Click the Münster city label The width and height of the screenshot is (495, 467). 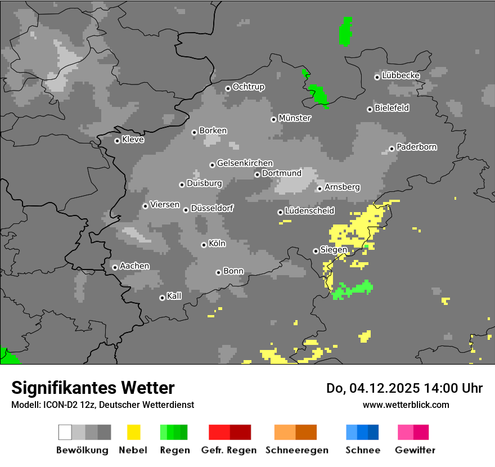pyautogui.click(x=295, y=118)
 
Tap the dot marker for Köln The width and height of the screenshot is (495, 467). pyautogui.click(x=204, y=245)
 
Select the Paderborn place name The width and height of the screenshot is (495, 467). pyautogui.click(x=417, y=147)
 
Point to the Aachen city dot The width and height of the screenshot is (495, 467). pyautogui.click(x=115, y=267)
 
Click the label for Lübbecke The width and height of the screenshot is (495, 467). pyautogui.click(x=401, y=75)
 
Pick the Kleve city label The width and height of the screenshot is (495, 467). pyautogui.click(x=133, y=140)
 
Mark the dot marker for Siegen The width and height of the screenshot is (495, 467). pyautogui.click(x=316, y=251)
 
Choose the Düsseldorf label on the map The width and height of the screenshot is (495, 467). pyautogui.click(x=212, y=208)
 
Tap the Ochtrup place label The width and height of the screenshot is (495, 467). pyautogui.click(x=249, y=87)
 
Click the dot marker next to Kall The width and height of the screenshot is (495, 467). pyautogui.click(x=162, y=298)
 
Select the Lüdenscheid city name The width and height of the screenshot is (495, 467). pyautogui.click(x=310, y=211)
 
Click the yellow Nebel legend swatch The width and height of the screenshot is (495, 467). pyautogui.click(x=134, y=432)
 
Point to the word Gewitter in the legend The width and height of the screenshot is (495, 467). pyautogui.click(x=415, y=450)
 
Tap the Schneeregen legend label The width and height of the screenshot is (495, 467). pyautogui.click(x=296, y=450)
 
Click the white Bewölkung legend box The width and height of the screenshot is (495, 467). pyautogui.click(x=65, y=432)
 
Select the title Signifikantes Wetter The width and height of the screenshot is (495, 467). pyautogui.click(x=93, y=388)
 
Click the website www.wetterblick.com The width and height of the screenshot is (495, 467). pyautogui.click(x=406, y=405)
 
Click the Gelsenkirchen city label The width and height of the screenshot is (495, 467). pyautogui.click(x=245, y=163)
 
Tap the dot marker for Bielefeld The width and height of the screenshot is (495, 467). pyautogui.click(x=370, y=109)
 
